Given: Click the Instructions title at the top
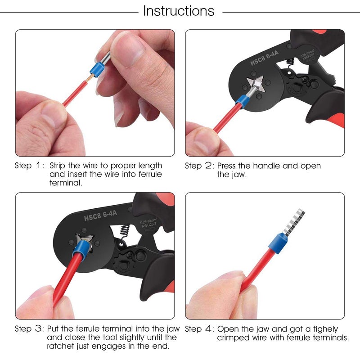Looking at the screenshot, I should (179, 11).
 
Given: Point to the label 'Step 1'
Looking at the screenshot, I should (29, 166).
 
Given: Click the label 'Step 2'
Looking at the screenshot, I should (199, 166).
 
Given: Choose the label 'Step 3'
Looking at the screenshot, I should (29, 328).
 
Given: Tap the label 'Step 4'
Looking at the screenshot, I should (199, 328).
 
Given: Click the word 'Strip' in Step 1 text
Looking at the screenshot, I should (58, 166).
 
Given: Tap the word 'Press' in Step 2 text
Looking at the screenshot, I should (228, 166).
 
